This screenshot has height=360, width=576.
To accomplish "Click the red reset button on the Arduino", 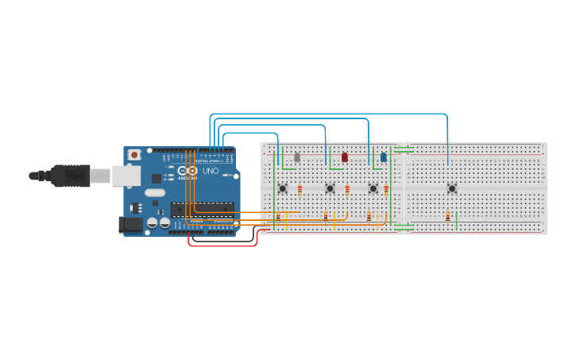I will point(134,154).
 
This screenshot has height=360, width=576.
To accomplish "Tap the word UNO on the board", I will point(211,171).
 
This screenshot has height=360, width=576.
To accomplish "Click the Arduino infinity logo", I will point(187,171).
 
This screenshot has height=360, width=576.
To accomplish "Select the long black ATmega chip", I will point(202,209).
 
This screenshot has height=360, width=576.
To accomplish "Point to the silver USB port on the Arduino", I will point(126,176).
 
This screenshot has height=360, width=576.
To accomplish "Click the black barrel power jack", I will point(130,225).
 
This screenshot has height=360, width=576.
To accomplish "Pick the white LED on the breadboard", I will point(297,157).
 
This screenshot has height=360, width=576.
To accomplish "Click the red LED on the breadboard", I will point(345,157).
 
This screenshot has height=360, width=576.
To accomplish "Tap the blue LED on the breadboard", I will point(384,157).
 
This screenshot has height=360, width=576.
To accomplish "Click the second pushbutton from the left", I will point(330,188).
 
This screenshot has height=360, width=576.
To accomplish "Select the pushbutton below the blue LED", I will point(373,188).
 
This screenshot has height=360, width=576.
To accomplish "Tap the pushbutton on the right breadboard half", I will point(451,188).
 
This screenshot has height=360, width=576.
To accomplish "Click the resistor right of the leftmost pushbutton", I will point(300,190).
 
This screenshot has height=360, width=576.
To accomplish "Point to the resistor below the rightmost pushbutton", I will point(448,217).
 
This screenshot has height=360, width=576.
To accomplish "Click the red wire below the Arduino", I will point(222,246).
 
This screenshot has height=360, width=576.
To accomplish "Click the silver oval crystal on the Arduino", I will point(155,192).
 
